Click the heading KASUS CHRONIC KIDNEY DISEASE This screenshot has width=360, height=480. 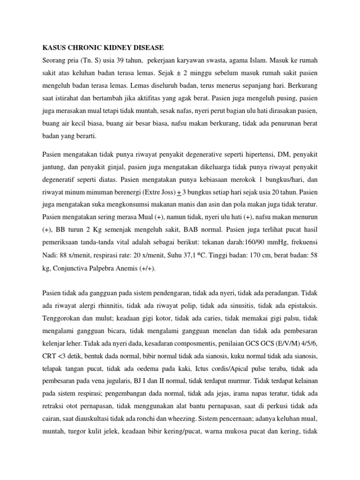click(x=104, y=47)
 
